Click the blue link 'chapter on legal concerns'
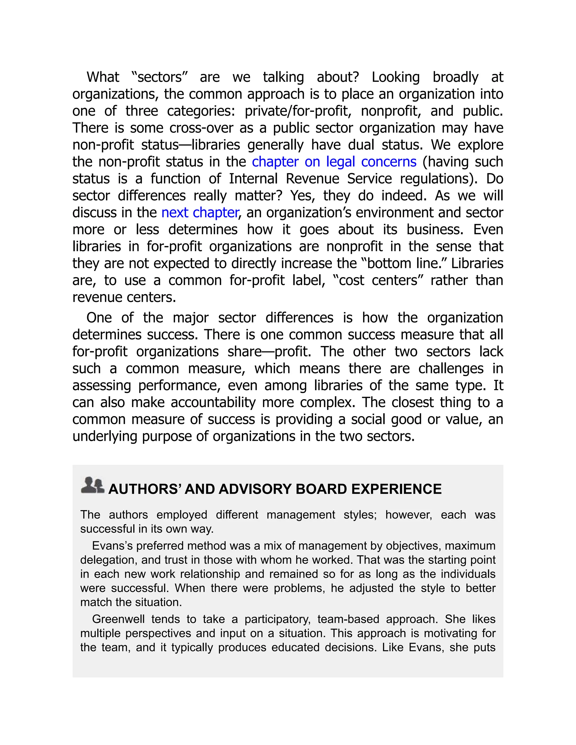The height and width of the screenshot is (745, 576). pyautogui.click(x=334, y=162)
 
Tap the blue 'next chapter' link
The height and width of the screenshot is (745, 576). pyautogui.click(x=200, y=213)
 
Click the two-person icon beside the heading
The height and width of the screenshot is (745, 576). pyautogui.click(x=93, y=485)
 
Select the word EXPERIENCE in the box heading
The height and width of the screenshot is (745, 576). pyautogui.click(x=396, y=489)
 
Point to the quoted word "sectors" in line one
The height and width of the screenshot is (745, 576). pyautogui.click(x=160, y=77)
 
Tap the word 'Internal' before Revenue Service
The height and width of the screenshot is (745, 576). pyautogui.click(x=253, y=179)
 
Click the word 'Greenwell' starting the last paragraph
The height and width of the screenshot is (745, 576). pyautogui.click(x=118, y=619)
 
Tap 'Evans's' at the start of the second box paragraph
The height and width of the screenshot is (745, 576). pyautogui.click(x=112, y=546)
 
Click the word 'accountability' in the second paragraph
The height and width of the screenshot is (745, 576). pyautogui.click(x=213, y=403)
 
